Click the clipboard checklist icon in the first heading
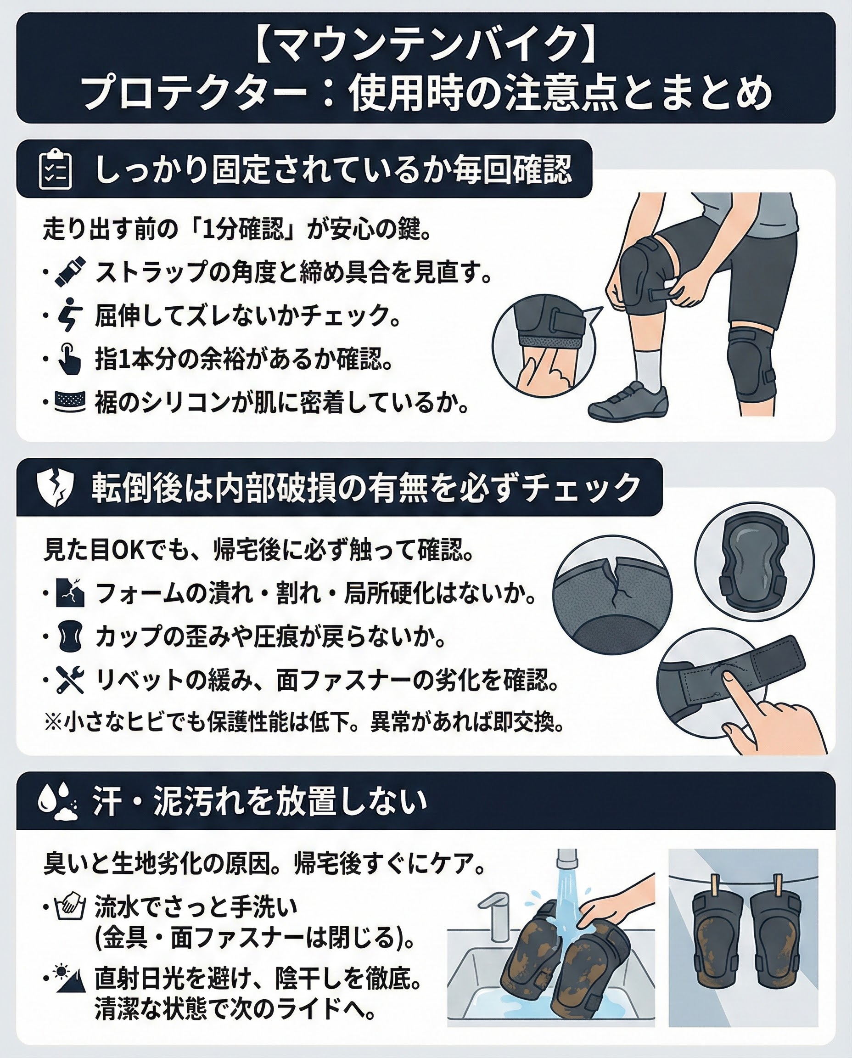click(x=55, y=169)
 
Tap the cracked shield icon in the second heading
click(x=56, y=488)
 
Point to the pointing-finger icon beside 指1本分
click(x=69, y=360)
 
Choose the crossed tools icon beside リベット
click(x=70, y=680)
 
